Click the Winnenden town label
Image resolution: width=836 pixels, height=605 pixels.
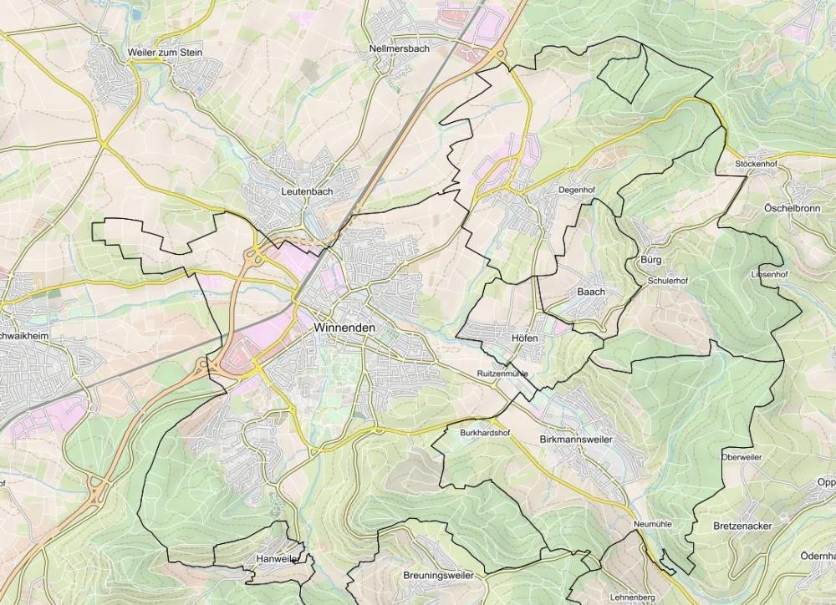point(344,328)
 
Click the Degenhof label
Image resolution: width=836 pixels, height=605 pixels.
point(576,191)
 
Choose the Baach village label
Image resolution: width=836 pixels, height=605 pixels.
point(591,292)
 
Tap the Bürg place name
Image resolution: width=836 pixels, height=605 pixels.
point(650,260)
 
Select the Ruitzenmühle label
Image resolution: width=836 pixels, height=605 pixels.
point(502,373)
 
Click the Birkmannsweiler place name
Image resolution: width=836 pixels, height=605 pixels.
point(577,440)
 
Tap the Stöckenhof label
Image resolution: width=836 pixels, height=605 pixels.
point(756,164)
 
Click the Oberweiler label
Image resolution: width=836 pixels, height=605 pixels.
point(742,457)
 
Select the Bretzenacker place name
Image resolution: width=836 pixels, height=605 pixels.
point(742,526)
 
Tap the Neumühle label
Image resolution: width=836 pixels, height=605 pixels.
point(653,524)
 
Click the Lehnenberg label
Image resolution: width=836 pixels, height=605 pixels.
point(633,597)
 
